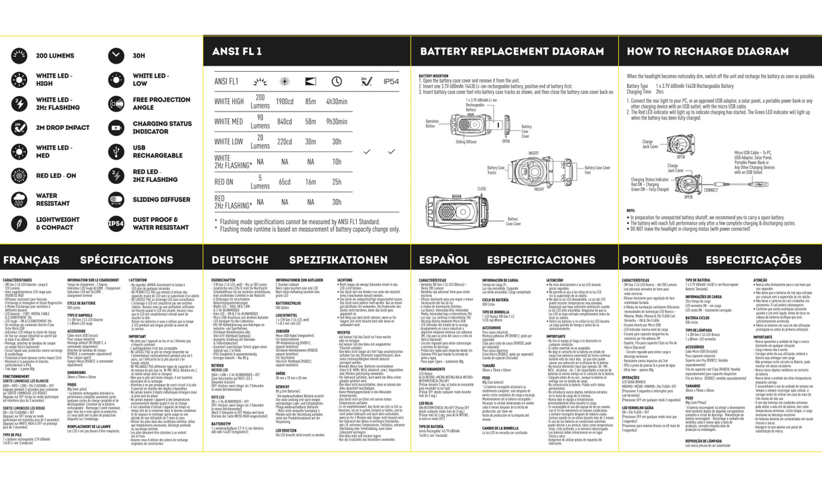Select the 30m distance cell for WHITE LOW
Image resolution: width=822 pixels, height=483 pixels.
tap(311, 142)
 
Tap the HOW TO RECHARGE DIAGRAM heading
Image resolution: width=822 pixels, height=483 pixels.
tap(707, 52)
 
